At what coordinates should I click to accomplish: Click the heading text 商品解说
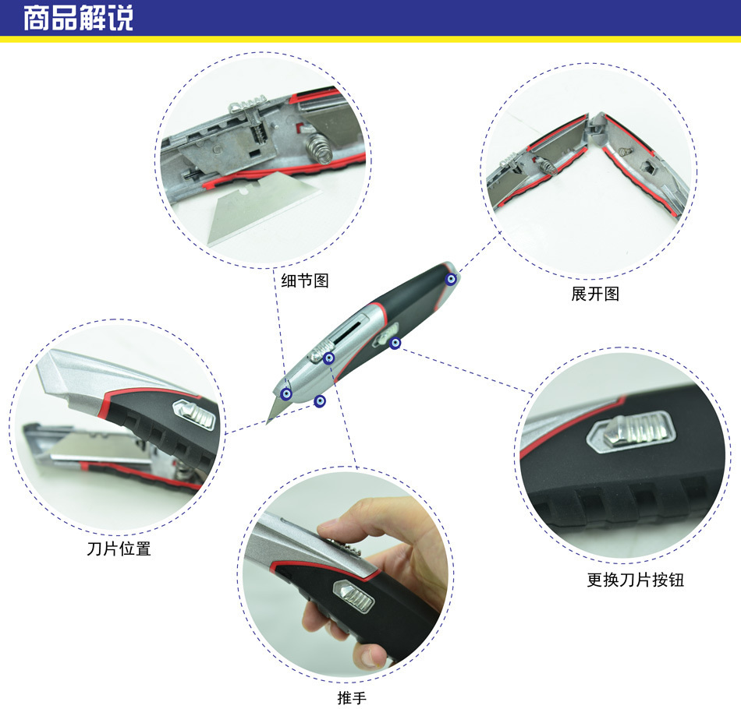pyautogui.click(x=79, y=18)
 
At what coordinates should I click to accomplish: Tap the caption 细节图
pyautogui.click(x=305, y=280)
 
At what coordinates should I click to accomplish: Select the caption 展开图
pyautogui.click(x=595, y=294)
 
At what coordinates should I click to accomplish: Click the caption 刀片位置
pyautogui.click(x=119, y=549)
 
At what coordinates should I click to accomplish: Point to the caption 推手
pyautogui.click(x=352, y=697)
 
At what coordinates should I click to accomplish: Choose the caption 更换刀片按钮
pyautogui.click(x=635, y=579)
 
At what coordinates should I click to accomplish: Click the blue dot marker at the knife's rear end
pyautogui.click(x=452, y=279)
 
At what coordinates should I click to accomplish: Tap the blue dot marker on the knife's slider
pyautogui.click(x=329, y=358)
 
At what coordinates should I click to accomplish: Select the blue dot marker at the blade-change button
pyautogui.click(x=395, y=343)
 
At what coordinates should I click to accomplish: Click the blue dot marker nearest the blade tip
pyautogui.click(x=285, y=393)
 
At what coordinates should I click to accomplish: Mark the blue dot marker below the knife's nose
pyautogui.click(x=320, y=402)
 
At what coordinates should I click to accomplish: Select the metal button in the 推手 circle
pyautogui.click(x=354, y=596)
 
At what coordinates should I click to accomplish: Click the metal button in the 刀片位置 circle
pyautogui.click(x=194, y=414)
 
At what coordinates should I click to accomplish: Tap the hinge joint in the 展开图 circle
pyautogui.click(x=596, y=127)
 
